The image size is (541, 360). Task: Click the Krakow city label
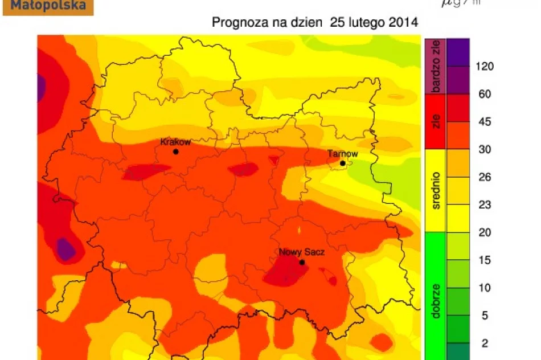coord(175,142)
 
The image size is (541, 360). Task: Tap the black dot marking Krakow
coord(175,152)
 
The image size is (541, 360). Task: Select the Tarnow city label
coord(343,154)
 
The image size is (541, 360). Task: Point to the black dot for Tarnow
coord(342,163)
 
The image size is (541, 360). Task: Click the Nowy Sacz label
coord(301,252)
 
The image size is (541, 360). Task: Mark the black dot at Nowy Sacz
coord(302,262)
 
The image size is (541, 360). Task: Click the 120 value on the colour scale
coord(485,66)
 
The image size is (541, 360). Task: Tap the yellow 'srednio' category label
coord(436,191)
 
